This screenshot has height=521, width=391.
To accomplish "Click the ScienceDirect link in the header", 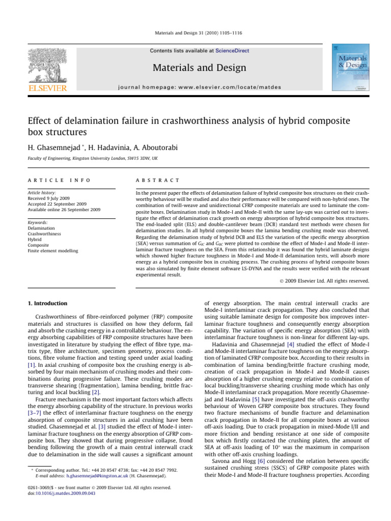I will click(233, 51).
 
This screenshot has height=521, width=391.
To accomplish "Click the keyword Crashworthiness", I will click(42, 234).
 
